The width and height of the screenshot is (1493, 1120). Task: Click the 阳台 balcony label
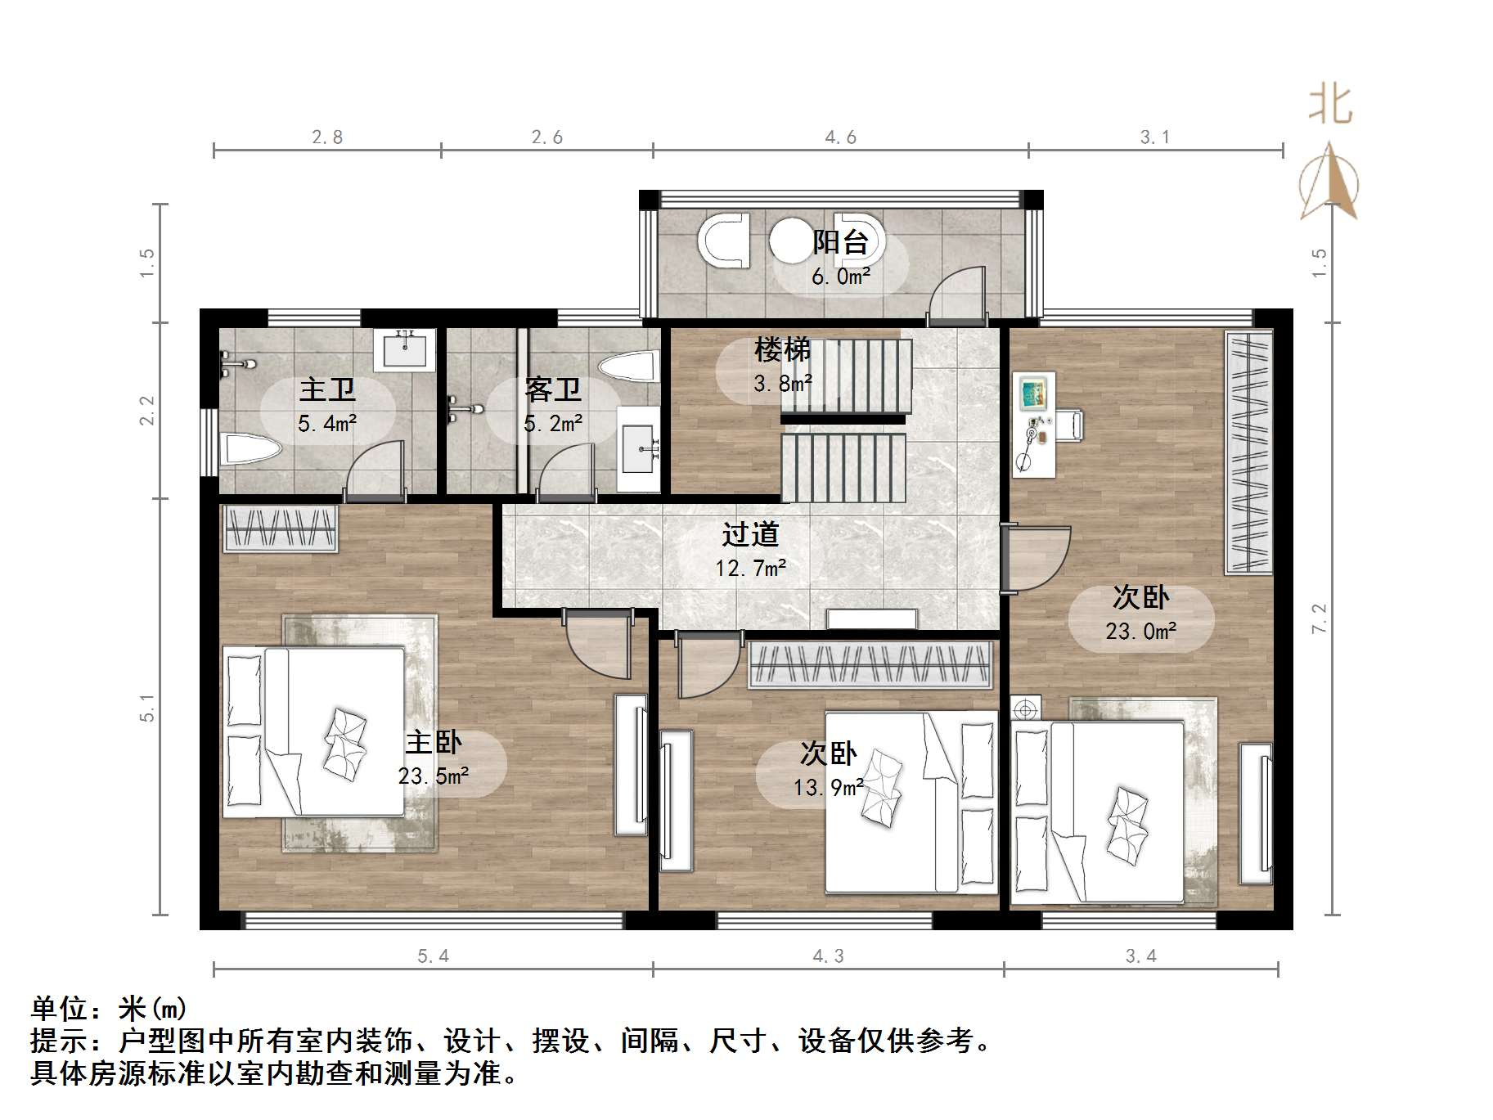[x=840, y=242]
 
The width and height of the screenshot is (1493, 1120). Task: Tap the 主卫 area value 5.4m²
[x=327, y=424]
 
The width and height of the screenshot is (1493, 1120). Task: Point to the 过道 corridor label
[x=750, y=535]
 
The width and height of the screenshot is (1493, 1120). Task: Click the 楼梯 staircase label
[x=782, y=350]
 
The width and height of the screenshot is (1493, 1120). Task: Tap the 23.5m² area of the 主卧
[x=434, y=776]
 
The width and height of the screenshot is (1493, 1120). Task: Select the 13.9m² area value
[x=828, y=788]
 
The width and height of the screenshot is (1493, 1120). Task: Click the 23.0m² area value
[x=1141, y=632]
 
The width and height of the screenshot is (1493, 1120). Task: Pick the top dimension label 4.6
[x=841, y=137]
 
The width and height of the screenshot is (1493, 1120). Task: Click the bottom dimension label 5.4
[x=434, y=956]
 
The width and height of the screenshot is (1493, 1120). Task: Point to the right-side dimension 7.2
[x=1319, y=618]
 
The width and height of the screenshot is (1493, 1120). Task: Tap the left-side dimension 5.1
[x=147, y=708]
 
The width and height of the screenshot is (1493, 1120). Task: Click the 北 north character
[x=1330, y=106]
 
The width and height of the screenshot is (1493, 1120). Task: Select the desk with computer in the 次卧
[x=1035, y=424]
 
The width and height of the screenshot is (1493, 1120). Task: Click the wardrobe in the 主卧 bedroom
[x=280, y=529]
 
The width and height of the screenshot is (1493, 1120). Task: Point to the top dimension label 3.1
[x=1155, y=137]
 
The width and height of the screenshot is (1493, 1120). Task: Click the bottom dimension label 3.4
[x=1141, y=956]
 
